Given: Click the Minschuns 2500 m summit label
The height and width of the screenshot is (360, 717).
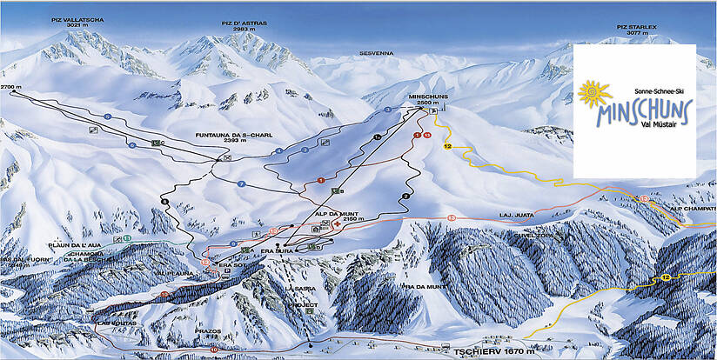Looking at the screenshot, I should click(426, 99).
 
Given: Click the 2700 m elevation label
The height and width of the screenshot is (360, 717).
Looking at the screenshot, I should click(10, 88).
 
